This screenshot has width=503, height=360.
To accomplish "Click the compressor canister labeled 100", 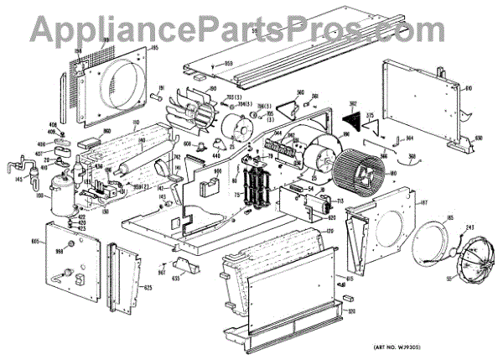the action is [60, 195].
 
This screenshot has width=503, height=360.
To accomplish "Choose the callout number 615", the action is [349, 276].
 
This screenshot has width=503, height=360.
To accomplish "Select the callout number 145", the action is [18, 177].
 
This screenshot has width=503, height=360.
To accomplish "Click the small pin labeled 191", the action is [156, 95].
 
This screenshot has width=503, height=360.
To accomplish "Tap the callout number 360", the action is [413, 158].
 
